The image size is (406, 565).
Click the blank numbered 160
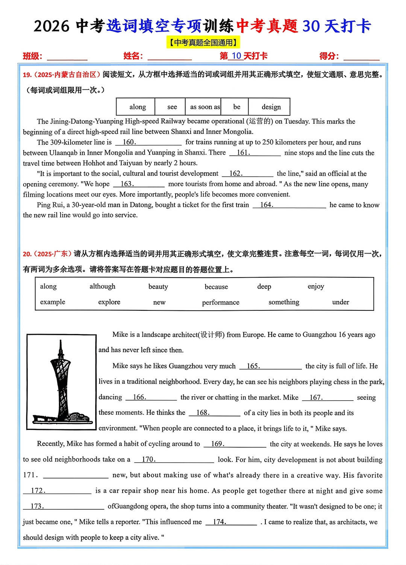(x=148, y=142)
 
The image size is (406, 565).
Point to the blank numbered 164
(x=289, y=205)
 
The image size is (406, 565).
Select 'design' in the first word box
(x=271, y=107)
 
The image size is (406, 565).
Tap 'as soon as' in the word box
(x=205, y=107)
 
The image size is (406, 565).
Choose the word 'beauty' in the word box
(x=158, y=287)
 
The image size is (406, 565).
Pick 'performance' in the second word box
(x=220, y=302)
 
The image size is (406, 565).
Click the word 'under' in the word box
(x=340, y=302)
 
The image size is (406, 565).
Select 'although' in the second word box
(x=102, y=287)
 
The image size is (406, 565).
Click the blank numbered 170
(x=174, y=460)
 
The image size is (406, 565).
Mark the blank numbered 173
(x=63, y=506)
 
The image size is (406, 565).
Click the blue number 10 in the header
(x=236, y=56)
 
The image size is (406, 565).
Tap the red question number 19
(x=27, y=75)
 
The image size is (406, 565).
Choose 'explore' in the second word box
(x=109, y=302)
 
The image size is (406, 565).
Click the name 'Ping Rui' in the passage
(x=49, y=205)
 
